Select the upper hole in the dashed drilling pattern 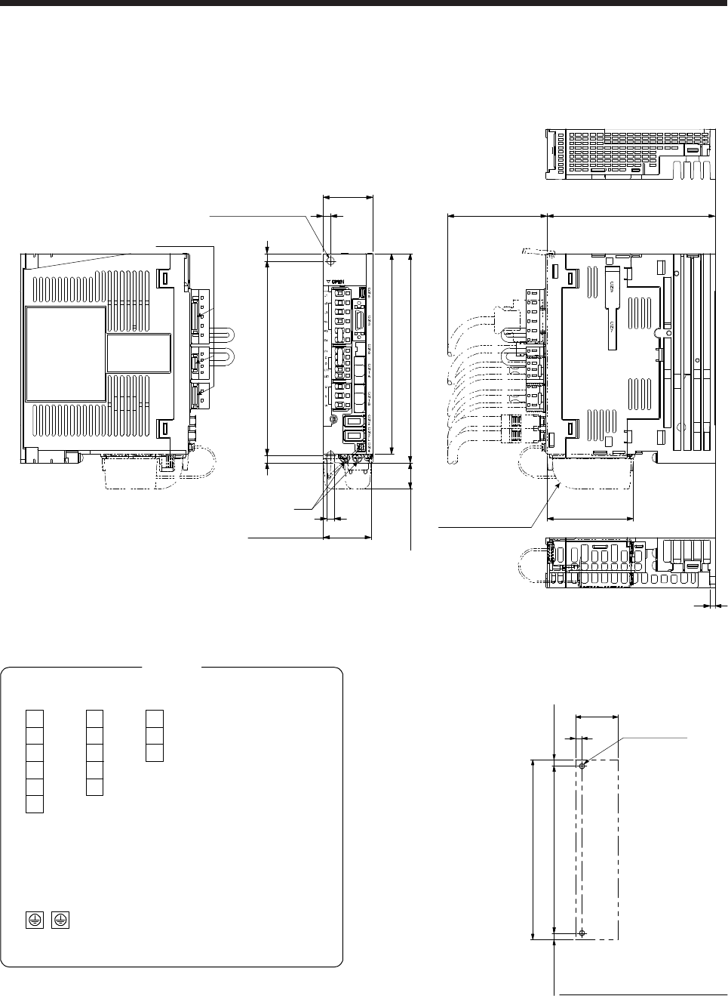[582, 765]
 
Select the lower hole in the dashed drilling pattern [582, 934]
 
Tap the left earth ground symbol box [33, 920]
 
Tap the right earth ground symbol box [61, 920]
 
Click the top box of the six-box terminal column [34, 718]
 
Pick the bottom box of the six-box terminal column [34, 803]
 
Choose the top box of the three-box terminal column [154, 718]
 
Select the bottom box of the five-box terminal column [94, 786]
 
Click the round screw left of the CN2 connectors [332, 419]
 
